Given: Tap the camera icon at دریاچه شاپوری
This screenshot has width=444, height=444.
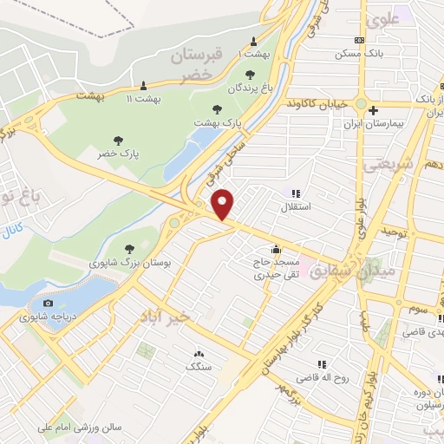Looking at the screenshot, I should tap(48, 304).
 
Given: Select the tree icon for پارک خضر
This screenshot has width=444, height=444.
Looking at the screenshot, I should tap(118, 140).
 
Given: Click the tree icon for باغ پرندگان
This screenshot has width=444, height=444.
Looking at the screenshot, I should tap(251, 75).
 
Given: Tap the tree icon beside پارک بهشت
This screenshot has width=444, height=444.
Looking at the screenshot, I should tap(217, 110).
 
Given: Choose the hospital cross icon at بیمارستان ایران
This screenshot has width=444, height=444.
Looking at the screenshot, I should tap(373, 110).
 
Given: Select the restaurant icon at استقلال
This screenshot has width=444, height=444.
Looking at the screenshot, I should tap(295, 194).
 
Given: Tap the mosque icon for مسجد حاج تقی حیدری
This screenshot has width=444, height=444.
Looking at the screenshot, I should tap(276, 250).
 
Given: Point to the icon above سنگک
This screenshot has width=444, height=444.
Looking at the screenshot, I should tap(199, 354).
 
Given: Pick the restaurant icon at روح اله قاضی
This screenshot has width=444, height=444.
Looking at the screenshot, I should tap(322, 365).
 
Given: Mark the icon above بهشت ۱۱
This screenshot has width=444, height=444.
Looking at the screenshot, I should tap(143, 85).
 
